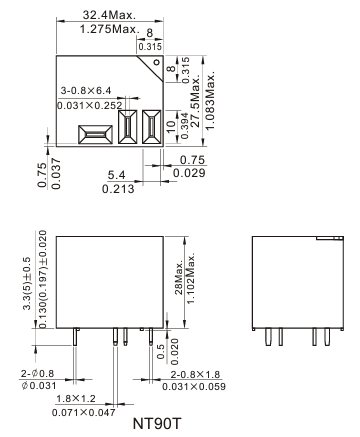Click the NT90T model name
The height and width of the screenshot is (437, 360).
pyautogui.click(x=157, y=424)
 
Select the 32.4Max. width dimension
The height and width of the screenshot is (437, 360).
pyautogui.click(x=109, y=15)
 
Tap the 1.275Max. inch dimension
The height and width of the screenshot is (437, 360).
pyautogui.click(x=109, y=29)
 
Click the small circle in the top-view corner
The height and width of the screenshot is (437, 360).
pyautogui.click(x=156, y=62)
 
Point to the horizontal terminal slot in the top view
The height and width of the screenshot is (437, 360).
pyautogui.click(x=95, y=135)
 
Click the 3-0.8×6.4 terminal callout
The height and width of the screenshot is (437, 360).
pyautogui.click(x=86, y=91)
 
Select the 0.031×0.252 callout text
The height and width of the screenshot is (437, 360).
pyautogui.click(x=90, y=106)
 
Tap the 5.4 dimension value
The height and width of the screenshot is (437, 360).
pyautogui.click(x=116, y=175)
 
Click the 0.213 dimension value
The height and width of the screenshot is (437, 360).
pyautogui.click(x=118, y=189)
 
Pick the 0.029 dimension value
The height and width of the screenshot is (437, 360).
pyautogui.click(x=189, y=173)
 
